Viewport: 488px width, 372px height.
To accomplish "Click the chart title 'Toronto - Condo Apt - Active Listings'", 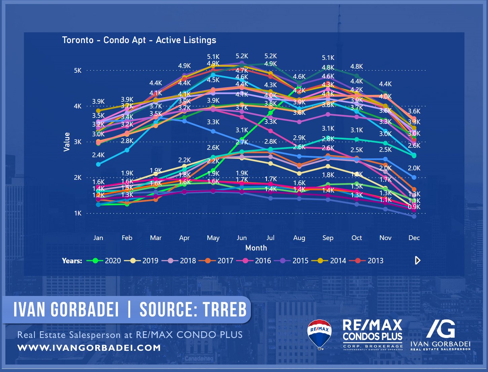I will (x=139, y=40).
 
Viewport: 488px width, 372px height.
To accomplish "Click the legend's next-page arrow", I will (x=417, y=260).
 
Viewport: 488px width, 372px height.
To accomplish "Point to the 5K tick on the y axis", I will (x=78, y=71).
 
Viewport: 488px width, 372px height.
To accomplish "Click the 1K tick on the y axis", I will (x=78, y=213).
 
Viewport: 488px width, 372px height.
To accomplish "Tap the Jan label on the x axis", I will (x=98, y=238).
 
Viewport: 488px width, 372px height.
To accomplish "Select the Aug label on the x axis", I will (x=299, y=238).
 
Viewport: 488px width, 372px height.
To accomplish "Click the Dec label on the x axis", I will (x=414, y=238).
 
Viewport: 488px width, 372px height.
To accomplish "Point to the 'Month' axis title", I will (x=256, y=248).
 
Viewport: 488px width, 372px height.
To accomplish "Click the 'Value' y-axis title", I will (x=67, y=142).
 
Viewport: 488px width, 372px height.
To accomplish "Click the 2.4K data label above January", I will (x=98, y=155).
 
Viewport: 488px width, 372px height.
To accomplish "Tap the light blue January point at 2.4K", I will (x=98, y=164).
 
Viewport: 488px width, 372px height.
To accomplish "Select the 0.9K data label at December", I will (x=414, y=207).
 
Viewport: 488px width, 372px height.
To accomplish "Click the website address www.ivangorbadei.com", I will (x=89, y=348).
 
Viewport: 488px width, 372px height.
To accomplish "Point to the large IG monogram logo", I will (x=441, y=329).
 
